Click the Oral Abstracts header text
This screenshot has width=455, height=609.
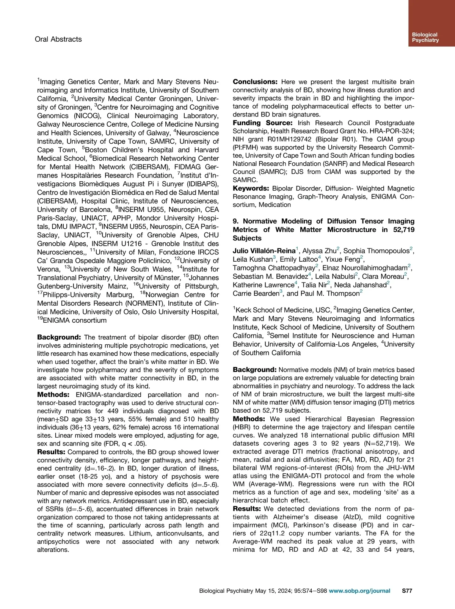coord(58,39)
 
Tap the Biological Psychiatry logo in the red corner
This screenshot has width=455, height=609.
coord(425,37)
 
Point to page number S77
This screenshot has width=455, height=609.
coord(407,590)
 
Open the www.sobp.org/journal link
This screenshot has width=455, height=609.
coord(359,590)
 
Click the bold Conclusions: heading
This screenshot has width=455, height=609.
coord(255,82)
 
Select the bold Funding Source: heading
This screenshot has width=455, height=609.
coord(263,123)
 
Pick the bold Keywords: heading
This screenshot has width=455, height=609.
coord(251,188)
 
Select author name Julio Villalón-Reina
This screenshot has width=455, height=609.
coord(264,251)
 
